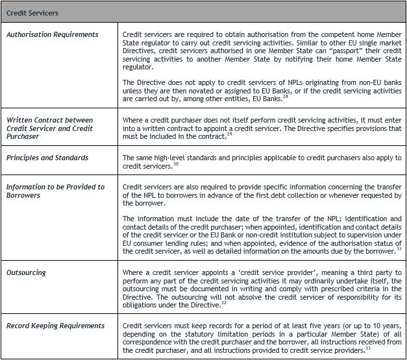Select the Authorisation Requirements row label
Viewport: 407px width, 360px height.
coord(53,34)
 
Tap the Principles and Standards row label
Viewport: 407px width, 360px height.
coord(48,158)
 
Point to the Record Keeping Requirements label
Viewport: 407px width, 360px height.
coord(56,326)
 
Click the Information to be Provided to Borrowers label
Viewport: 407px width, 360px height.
coord(55,191)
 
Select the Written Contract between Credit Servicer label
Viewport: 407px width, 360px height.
coord(50,124)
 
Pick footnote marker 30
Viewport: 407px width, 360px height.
coord(176,163)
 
